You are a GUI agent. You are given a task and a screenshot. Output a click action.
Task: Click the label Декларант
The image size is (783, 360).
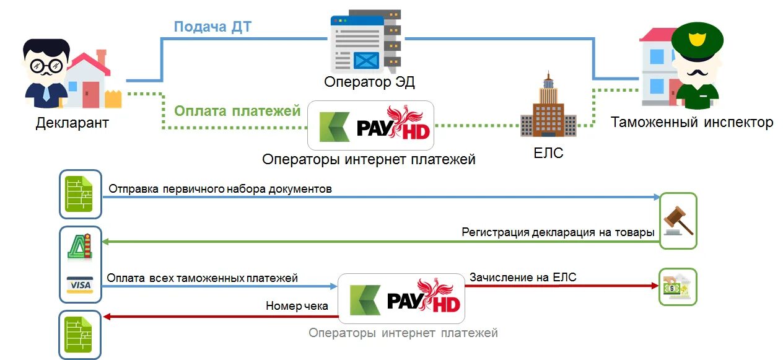(x=72, y=122)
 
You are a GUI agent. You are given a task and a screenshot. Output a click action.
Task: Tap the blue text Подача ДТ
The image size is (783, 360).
(x=212, y=27)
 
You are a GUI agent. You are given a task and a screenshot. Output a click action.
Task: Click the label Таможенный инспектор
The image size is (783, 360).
(x=692, y=122)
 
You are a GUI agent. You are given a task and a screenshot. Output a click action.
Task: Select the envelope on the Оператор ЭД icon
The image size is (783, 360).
(x=366, y=61)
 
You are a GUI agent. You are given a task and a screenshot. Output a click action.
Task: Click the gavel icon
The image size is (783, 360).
(x=678, y=221)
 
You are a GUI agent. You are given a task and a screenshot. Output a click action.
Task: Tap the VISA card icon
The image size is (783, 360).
(x=80, y=285)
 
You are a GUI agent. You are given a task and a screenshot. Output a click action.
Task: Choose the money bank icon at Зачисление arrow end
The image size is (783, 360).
(x=678, y=286)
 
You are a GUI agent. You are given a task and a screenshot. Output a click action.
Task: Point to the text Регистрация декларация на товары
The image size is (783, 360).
(x=558, y=232)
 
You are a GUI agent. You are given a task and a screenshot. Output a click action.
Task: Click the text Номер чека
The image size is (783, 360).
(x=297, y=305)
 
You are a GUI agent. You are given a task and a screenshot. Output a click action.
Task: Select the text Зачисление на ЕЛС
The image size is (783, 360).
(x=523, y=277)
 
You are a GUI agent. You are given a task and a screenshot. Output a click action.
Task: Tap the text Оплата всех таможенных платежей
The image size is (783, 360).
(x=202, y=278)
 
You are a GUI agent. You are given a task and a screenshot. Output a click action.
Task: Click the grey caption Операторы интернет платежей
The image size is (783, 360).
(x=403, y=333)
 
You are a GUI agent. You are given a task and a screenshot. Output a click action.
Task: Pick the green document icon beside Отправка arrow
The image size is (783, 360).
(x=80, y=194)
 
